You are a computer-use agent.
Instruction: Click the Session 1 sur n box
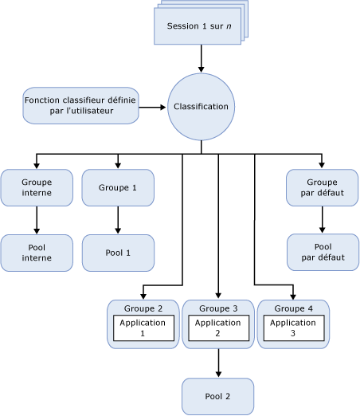199,27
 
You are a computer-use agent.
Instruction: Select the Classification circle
201,106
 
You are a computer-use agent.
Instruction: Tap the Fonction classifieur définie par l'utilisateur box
80,105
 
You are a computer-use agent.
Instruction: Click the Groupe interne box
37,187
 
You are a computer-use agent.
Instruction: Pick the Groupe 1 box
118,187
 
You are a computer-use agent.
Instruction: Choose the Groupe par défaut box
322,187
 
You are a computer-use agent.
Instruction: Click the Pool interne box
37,252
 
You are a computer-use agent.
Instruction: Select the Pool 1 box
118,252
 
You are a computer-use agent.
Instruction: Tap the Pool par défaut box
322,252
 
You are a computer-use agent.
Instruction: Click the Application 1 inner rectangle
143,328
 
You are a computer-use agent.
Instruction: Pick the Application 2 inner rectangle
218,328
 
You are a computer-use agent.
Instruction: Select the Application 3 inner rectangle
292,328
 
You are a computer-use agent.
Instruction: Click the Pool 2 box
218,396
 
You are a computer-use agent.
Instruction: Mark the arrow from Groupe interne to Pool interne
37,220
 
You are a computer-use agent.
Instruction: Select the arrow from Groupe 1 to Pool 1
118,220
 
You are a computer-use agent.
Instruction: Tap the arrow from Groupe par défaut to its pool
322,220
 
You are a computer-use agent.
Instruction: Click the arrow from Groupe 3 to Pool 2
218,363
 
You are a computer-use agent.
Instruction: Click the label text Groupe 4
292,308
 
